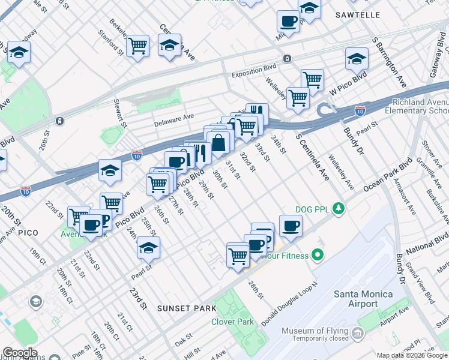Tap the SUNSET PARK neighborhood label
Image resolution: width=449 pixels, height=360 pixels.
tap(182, 308)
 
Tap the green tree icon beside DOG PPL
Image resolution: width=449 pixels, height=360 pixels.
tap(340, 208)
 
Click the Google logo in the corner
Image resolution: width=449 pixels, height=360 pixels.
tap(20, 352)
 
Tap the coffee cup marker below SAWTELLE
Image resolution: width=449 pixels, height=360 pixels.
tap(288, 21)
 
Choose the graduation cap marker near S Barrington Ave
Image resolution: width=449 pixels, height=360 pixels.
tap(357, 59)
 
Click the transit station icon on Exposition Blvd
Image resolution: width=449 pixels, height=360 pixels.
tap(288, 58)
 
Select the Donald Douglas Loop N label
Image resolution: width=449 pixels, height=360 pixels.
tap(289, 307)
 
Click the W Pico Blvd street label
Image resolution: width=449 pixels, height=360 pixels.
tap(348, 84)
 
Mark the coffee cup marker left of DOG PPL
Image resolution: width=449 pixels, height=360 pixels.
tap(291, 226)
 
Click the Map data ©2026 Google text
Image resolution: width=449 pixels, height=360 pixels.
tap(412, 355)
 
